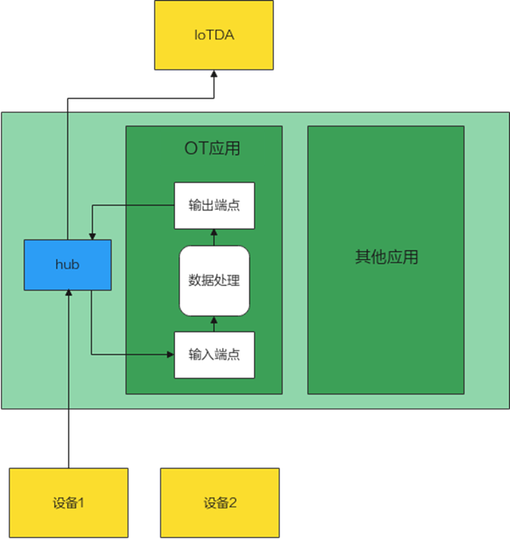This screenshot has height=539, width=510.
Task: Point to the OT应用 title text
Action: coord(212,149)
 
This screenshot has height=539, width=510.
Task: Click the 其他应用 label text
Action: coord(386,257)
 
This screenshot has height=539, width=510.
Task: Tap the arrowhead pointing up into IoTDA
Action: coord(214,74)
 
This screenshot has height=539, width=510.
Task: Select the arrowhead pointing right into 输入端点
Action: coord(170,354)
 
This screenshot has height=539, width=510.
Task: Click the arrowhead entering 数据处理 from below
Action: coord(214,320)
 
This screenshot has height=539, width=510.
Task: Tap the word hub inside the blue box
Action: coord(68,264)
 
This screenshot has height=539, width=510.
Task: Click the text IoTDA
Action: coord(214,35)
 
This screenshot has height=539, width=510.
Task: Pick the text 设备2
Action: coord(220,503)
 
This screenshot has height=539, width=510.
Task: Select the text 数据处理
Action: coord(214,280)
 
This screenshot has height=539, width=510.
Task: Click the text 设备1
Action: coord(68,503)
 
